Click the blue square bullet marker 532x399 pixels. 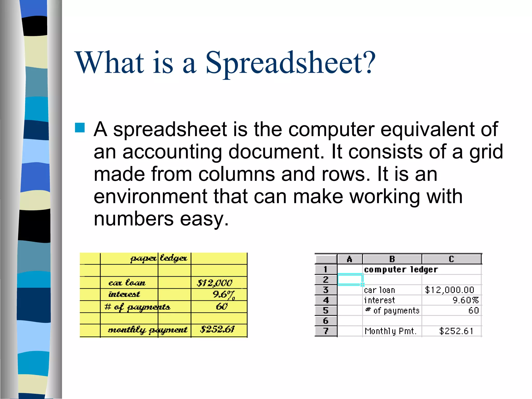(x=80, y=128)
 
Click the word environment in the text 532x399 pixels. (x=150, y=196)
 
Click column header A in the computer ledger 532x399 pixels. (x=349, y=259)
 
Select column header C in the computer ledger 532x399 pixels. (x=451, y=259)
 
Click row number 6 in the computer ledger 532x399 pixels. (x=326, y=321)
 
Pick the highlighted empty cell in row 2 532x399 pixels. (x=350, y=280)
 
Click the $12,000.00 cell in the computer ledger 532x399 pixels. (x=450, y=290)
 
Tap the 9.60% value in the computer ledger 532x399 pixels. (x=465, y=300)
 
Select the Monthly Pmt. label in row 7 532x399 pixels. (x=390, y=331)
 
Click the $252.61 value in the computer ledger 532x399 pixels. (x=456, y=331)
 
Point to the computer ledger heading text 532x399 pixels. (x=401, y=270)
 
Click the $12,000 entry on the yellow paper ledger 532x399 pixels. (x=215, y=283)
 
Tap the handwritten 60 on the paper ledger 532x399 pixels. (x=222, y=307)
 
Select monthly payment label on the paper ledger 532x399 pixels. (x=148, y=330)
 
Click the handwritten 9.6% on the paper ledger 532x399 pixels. (x=224, y=295)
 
